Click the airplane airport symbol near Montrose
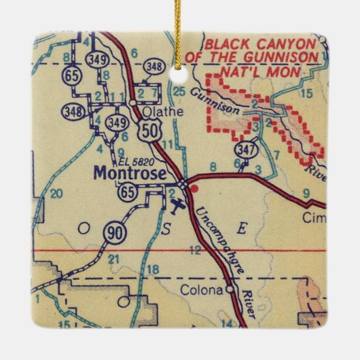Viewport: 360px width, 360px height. pyautogui.click(x=178, y=204)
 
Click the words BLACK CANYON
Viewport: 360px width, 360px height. pyautogui.click(x=262, y=44)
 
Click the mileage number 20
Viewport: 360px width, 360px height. pyautogui.click(x=56, y=194)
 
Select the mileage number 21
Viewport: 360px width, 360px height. pyautogui.click(x=115, y=259)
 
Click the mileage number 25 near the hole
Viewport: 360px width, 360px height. pyautogui.click(x=179, y=90)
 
